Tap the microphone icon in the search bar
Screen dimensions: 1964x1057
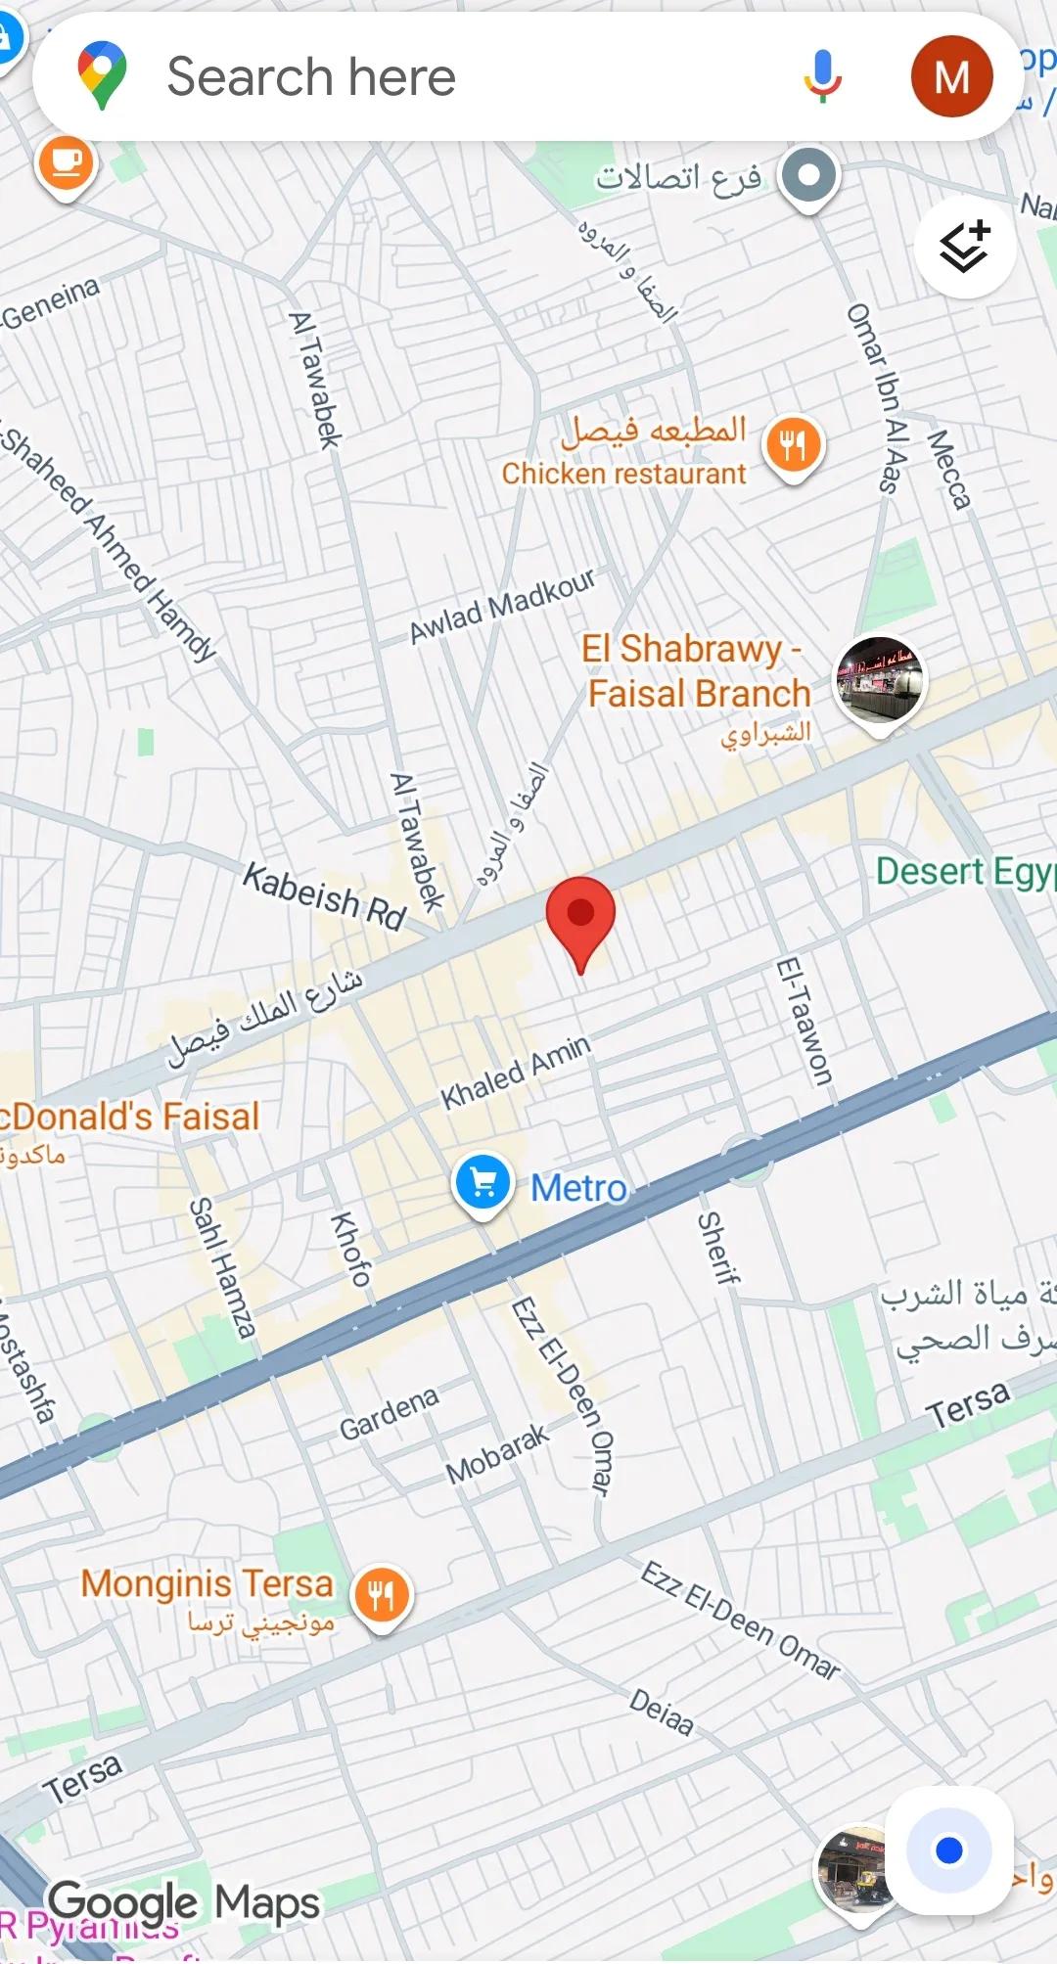(822, 76)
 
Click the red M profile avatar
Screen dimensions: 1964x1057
(951, 76)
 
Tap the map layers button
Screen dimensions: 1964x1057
(965, 247)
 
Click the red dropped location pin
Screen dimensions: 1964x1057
(580, 916)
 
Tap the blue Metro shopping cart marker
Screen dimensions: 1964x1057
(483, 1184)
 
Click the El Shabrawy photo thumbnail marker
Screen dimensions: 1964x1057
(879, 680)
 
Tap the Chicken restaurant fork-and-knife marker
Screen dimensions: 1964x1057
(794, 446)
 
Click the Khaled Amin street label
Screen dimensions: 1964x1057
(516, 1073)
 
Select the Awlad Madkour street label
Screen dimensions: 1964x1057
(502, 606)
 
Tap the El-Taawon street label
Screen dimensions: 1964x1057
(804, 1022)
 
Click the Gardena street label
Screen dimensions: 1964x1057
(389, 1413)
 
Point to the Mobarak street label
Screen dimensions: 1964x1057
(497, 1454)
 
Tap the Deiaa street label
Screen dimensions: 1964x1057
(662, 1712)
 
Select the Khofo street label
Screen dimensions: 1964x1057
(351, 1249)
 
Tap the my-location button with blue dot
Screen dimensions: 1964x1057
(948, 1850)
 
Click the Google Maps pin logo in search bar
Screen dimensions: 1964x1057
(103, 74)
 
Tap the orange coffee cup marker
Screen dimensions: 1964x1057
(66, 162)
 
